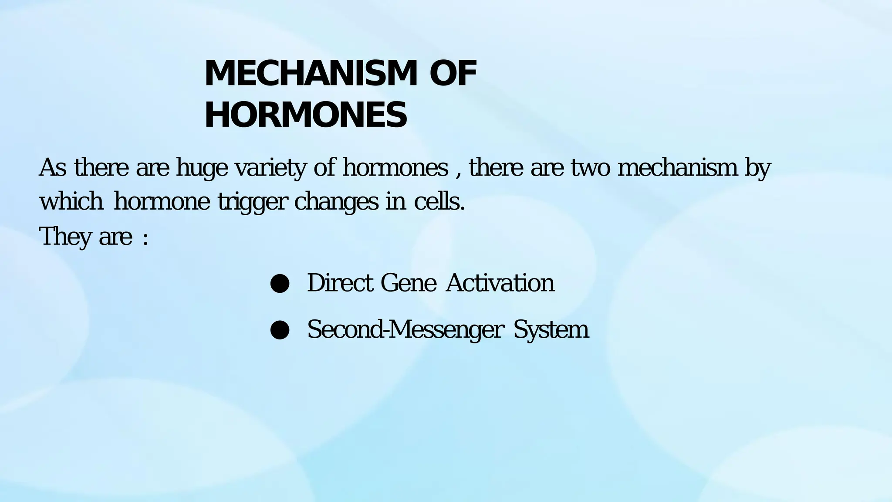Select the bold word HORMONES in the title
[306, 115]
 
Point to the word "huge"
[202, 169]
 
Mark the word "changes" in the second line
[336, 202]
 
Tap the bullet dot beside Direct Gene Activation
[280, 284]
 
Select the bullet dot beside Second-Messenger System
[280, 330]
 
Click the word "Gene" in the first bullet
[408, 283]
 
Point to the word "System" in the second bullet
[551, 330]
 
